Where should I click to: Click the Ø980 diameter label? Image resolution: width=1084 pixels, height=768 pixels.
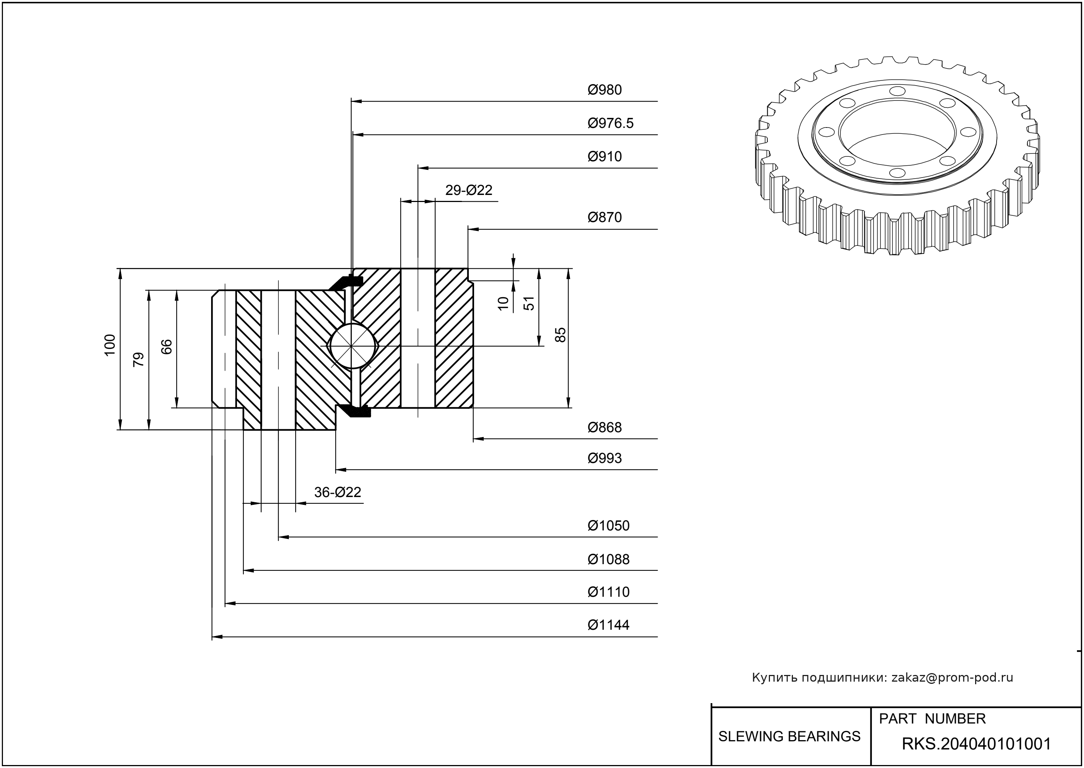[x=604, y=90]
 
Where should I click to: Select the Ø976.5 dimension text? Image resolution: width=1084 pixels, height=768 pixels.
[x=610, y=123]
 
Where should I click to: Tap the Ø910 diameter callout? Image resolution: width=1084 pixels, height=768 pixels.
[x=604, y=156]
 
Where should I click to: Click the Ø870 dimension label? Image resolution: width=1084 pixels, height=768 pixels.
[x=604, y=218]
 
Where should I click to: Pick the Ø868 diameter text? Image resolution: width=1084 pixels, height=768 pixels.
[x=604, y=427]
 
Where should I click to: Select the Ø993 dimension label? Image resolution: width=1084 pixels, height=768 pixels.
[x=604, y=458]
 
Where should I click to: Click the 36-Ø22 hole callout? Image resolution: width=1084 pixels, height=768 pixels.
[x=337, y=492]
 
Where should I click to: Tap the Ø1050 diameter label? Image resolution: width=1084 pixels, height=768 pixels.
[x=608, y=526]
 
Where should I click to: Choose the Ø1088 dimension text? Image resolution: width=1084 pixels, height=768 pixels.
[x=608, y=559]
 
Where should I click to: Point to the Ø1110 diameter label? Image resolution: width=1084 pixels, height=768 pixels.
[x=608, y=592]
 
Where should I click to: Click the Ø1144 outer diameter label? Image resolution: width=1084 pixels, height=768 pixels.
[x=608, y=625]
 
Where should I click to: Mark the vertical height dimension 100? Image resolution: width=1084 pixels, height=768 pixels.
[x=110, y=345]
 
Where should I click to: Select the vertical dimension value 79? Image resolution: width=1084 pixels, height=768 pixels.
[x=139, y=360]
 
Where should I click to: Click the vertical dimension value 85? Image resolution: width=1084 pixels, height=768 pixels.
[x=560, y=335]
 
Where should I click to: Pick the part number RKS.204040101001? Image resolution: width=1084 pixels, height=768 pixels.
[x=976, y=744]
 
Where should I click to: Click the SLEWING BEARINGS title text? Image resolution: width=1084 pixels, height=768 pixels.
[x=789, y=736]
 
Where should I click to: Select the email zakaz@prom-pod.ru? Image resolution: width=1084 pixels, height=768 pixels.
[x=952, y=678]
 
